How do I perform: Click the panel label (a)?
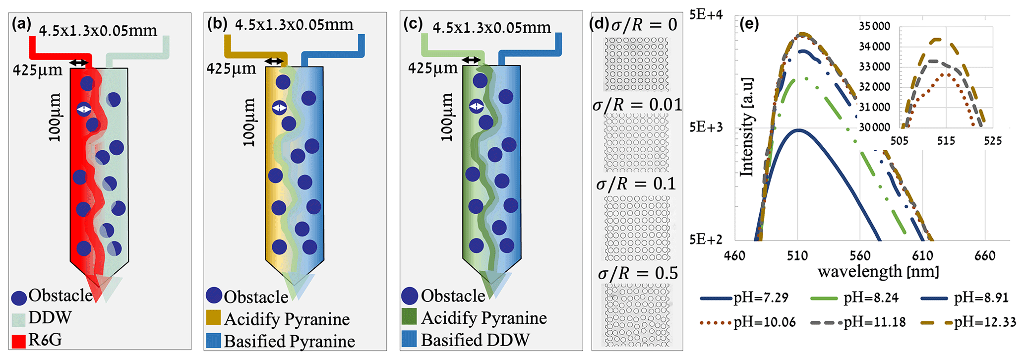21,24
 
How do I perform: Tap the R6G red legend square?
19,341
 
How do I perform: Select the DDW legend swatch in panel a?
19,319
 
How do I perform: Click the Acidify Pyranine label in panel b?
287,319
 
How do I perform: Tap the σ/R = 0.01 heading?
637,105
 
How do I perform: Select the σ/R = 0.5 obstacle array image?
637,315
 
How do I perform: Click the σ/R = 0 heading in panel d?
644,24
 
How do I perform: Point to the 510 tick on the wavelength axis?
797,256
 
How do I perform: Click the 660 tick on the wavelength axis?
984,256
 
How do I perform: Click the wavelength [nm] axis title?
878,272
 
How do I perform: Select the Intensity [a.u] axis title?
747,127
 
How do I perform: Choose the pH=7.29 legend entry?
744,298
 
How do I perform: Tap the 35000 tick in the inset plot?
874,26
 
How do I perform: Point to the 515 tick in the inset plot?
946,141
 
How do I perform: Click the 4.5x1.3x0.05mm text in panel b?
294,24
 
